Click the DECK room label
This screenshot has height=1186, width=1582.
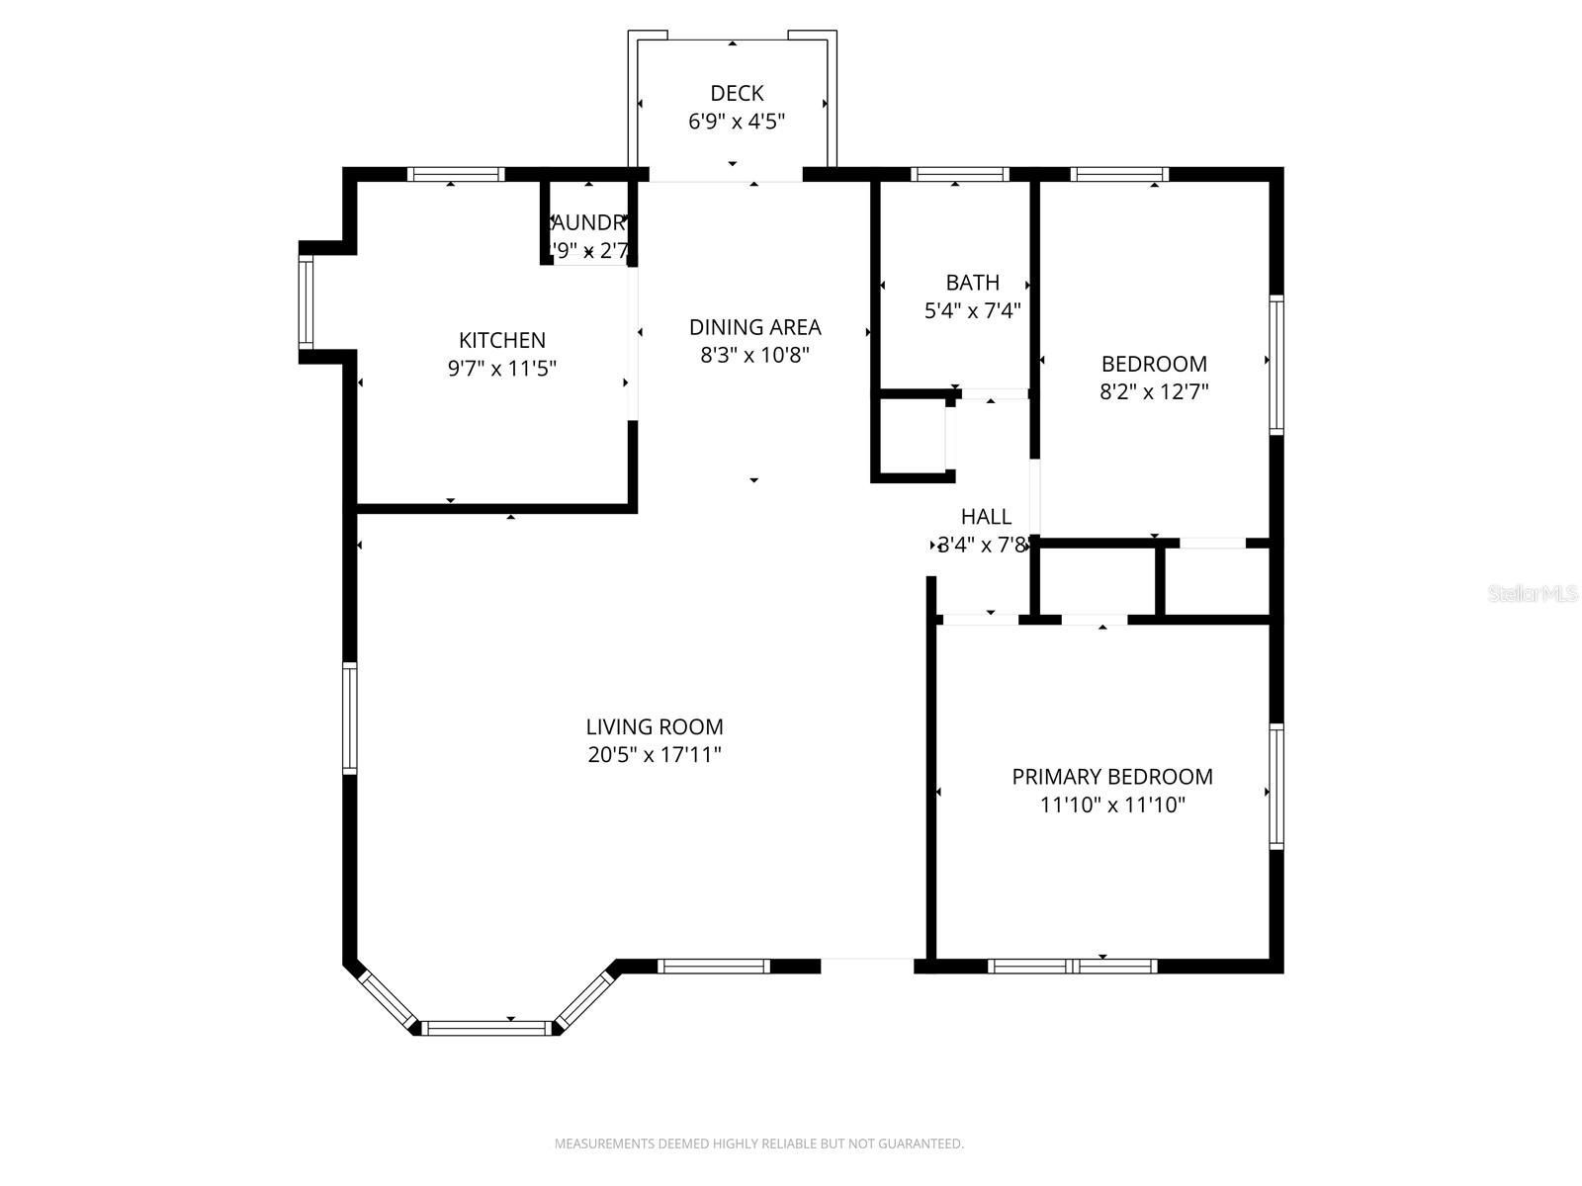click(x=737, y=93)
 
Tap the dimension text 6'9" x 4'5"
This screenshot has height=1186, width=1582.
click(x=737, y=122)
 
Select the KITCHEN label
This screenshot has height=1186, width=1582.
click(x=502, y=340)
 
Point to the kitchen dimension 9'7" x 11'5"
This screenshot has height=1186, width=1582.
click(x=502, y=369)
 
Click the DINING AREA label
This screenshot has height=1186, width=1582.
click(x=754, y=327)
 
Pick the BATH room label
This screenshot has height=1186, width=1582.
click(x=972, y=283)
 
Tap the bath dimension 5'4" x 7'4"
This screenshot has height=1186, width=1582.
click(x=972, y=311)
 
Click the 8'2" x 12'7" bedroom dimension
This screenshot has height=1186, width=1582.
click(x=1154, y=391)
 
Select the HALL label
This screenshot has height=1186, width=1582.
click(x=986, y=517)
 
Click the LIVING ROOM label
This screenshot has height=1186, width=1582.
click(x=655, y=727)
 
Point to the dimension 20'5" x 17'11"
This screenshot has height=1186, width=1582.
click(x=655, y=755)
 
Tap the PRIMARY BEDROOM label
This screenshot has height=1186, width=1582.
click(x=1112, y=777)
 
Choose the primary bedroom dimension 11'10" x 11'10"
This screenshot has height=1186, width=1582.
click(x=1112, y=805)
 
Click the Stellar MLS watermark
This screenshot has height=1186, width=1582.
click(x=1532, y=593)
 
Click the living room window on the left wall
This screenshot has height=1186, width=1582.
click(x=349, y=718)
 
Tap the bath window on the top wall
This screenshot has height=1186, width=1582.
click(x=959, y=174)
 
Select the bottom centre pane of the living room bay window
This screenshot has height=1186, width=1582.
click(x=485, y=1028)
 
